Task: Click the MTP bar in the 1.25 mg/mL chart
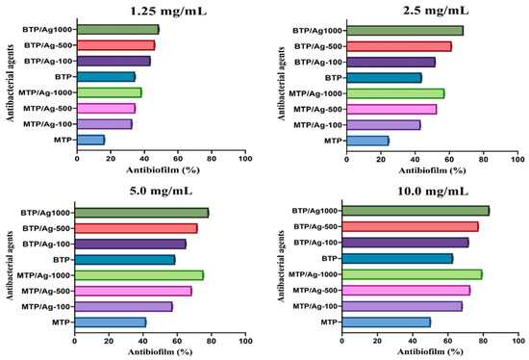tap(90, 140)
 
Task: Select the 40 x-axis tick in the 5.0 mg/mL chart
tap(143, 340)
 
